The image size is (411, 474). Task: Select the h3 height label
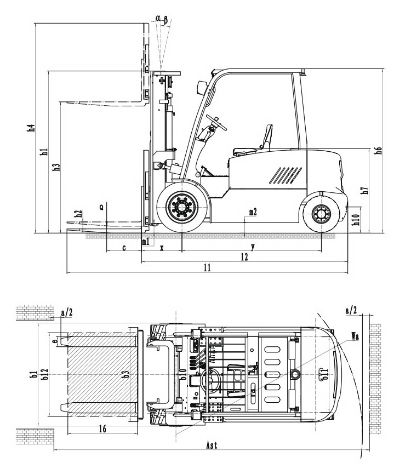[56, 167]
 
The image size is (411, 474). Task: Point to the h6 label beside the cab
[379, 150]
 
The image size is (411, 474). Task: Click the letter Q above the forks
[101, 208]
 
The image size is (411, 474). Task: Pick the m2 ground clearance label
[253, 212]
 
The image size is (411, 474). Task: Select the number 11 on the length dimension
[207, 268]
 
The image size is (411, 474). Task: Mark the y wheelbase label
[252, 247]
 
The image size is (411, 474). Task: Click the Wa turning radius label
[356, 337]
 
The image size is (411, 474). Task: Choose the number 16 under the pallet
[102, 429]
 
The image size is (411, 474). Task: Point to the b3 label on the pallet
[126, 375]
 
